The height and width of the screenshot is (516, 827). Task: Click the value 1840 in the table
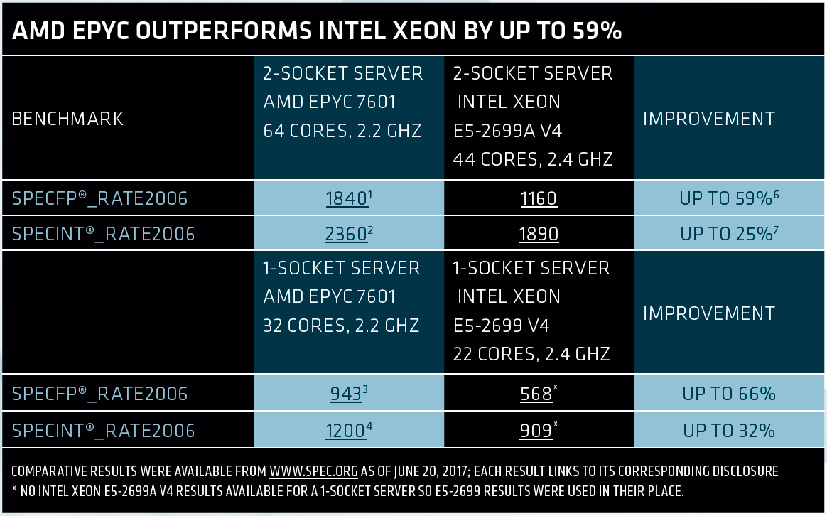pos(346,198)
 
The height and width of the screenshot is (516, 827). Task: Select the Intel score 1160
pos(538,198)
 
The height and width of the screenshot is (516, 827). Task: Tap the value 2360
pos(346,233)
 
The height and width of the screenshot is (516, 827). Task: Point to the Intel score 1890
pos(538,233)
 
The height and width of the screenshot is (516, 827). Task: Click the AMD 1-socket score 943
pos(346,394)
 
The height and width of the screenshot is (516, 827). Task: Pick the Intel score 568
pos(536,394)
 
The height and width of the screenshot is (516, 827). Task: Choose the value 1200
pos(346,431)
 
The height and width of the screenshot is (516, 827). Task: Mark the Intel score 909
pos(536,431)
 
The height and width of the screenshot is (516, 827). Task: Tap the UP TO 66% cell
pos(729,394)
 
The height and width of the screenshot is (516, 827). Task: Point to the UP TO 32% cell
pos(729,431)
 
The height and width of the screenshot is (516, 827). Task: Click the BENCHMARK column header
pos(68,119)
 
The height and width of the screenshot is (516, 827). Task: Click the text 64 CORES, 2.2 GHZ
pos(342,131)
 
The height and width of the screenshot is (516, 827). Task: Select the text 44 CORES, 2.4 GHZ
pos(533,159)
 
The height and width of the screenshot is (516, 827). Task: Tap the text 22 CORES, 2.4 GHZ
pos(531,353)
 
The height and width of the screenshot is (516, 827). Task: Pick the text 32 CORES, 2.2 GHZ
pos(341,326)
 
